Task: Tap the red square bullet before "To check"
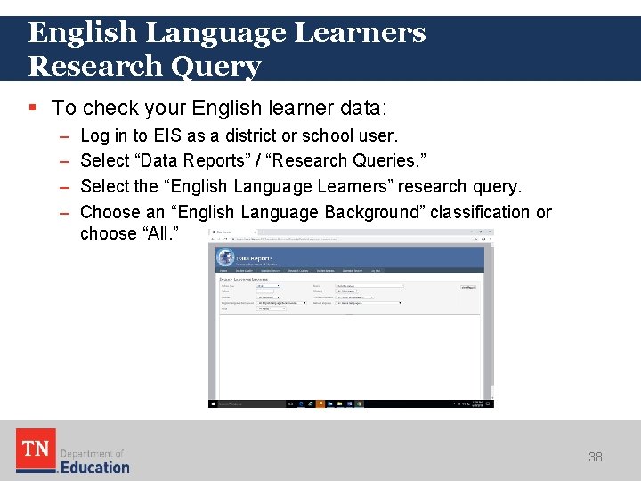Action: [x=33, y=108]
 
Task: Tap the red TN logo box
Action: [x=35, y=450]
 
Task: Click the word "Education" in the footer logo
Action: [x=94, y=467]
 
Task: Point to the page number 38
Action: [x=596, y=457]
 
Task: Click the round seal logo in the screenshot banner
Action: [x=225, y=258]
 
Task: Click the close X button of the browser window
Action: [x=490, y=232]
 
